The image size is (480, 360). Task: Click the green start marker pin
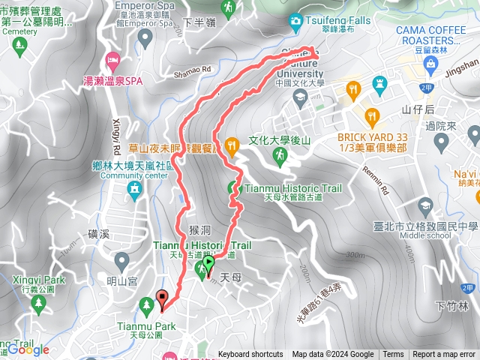pyautogui.click(x=208, y=263)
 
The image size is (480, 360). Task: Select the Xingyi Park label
pyautogui.click(x=30, y=280)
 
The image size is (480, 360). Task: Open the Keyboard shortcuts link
pyautogui.click(x=250, y=355)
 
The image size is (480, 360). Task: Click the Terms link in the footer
pyautogui.click(x=393, y=355)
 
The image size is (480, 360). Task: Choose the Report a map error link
pyautogui.click(x=444, y=355)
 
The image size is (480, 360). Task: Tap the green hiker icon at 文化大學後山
pyautogui.click(x=280, y=155)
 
